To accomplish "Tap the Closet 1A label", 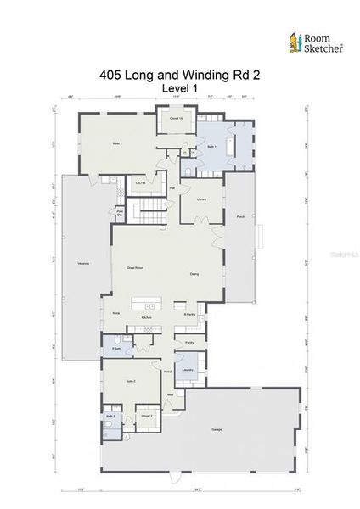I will pos(176,117).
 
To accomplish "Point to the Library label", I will pos(202,199).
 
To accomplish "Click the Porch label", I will pos(239,216).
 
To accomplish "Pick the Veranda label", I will pos(83,266).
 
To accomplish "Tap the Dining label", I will pos(194,274).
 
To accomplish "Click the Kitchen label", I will pos(146,316).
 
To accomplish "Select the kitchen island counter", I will pos(145,304).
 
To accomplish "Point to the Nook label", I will pos(116,312).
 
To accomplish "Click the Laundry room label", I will pos(187,370).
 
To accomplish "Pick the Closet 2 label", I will pos(146,417).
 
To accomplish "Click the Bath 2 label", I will pos(110,417).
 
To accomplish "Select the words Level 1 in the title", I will pos(179,88).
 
